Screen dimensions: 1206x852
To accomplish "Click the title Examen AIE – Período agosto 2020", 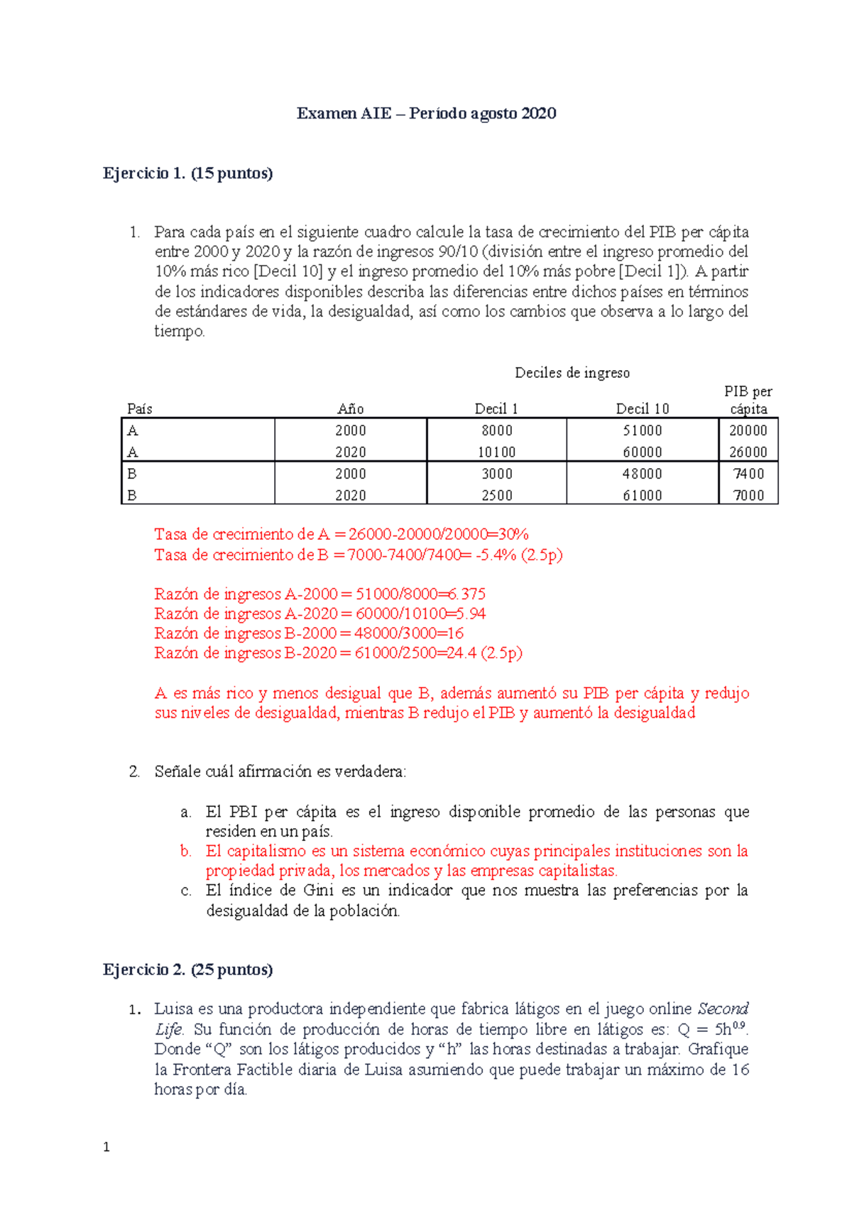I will (x=426, y=114).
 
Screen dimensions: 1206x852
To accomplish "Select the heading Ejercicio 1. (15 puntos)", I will (x=187, y=173).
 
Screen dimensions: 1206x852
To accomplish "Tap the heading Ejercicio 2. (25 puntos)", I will (x=187, y=969).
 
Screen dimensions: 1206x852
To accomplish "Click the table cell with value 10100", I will (x=496, y=452).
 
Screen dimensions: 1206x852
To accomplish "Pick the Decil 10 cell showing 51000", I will (x=642, y=430).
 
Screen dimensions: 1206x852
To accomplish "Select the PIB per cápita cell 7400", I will (x=748, y=474).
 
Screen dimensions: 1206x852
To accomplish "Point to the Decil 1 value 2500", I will (x=496, y=496).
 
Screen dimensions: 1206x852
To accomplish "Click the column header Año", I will (x=351, y=408).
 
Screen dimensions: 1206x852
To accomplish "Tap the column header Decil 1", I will (x=496, y=408).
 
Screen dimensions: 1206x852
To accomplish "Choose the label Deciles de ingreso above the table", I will (x=572, y=373).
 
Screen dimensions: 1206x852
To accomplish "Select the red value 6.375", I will (x=466, y=594).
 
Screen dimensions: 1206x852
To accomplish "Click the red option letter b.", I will (x=186, y=851).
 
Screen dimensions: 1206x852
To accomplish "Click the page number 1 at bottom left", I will (x=106, y=1147).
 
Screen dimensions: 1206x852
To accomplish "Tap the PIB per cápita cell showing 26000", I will (x=748, y=452).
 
